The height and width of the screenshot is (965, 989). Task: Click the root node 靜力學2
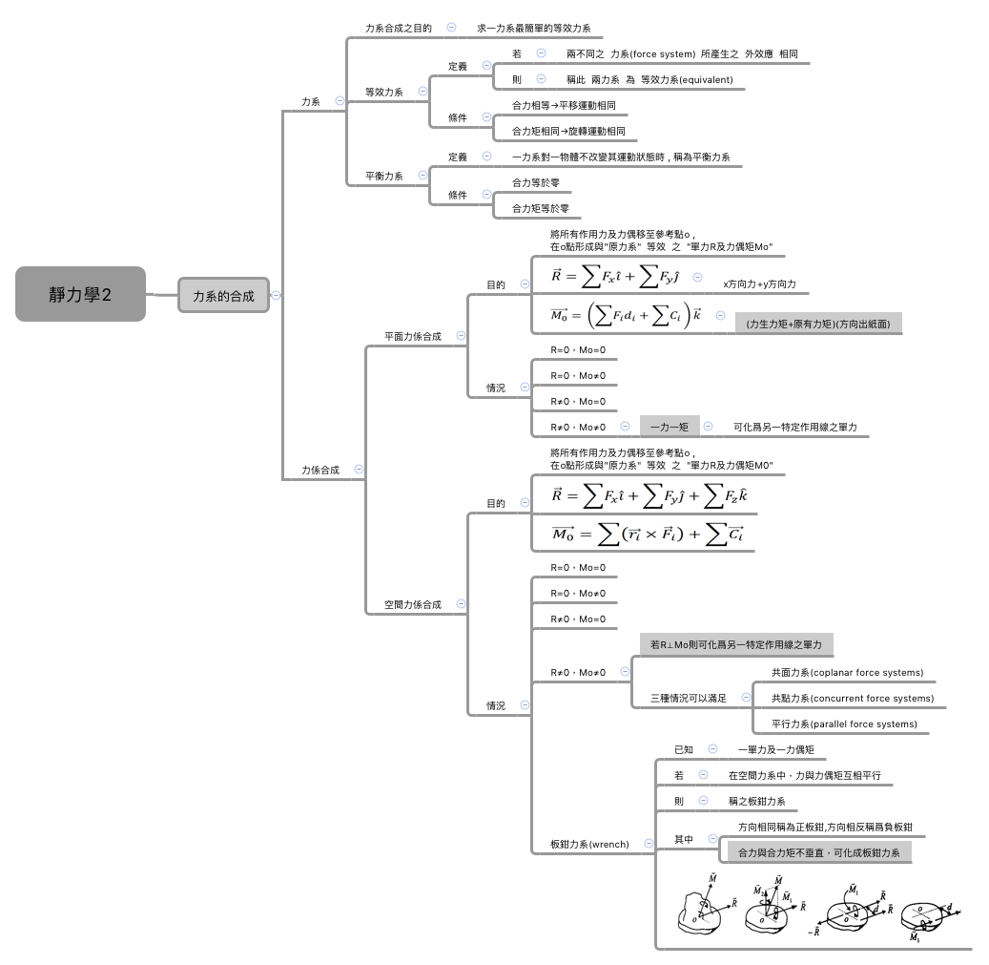coord(80,294)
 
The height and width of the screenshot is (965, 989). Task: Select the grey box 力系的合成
coord(223,296)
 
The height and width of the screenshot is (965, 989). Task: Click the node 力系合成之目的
coord(399,29)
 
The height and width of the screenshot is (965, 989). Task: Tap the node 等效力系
coord(383,93)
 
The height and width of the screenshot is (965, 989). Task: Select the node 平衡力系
coord(383,177)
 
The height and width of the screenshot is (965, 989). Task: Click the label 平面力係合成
coord(412,336)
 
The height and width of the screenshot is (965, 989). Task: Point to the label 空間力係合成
coord(412,604)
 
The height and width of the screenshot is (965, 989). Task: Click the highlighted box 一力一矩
coord(669,427)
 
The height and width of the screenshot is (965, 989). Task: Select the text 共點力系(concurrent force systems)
coord(852,699)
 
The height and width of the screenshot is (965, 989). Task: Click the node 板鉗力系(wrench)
coord(589,845)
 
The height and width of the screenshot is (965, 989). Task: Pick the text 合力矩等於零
coord(541,208)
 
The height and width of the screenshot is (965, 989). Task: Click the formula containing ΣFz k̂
coord(649,495)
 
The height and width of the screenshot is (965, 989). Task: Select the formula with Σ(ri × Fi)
coord(648,535)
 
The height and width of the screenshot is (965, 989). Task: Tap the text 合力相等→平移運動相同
coord(563,106)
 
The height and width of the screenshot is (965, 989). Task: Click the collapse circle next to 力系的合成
coord(277,295)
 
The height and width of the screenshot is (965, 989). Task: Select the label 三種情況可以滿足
coord(688,699)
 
